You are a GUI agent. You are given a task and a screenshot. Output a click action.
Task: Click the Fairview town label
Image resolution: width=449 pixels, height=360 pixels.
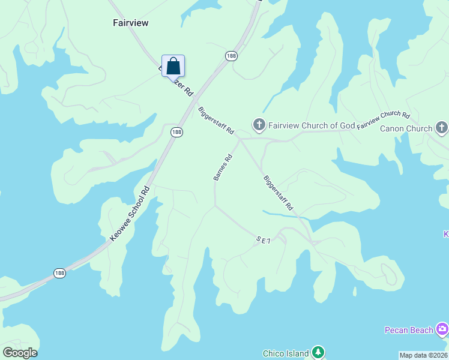(130, 23)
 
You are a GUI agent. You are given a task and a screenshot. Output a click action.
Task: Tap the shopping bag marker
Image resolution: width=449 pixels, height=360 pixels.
(173, 66)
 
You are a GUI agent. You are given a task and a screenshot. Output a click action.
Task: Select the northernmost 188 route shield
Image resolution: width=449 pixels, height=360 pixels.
(231, 56)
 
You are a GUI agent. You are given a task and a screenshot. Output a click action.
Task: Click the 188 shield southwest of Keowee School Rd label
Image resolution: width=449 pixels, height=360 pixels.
(59, 272)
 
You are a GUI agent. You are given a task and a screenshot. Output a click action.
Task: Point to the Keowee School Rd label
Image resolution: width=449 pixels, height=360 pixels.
(130, 214)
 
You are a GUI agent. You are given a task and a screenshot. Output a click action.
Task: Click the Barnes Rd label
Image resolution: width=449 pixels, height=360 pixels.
(222, 167)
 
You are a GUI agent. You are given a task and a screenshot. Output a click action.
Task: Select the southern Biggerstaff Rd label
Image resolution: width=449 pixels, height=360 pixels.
(278, 192)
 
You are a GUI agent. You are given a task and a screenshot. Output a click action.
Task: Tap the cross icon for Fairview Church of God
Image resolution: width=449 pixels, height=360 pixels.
(259, 125)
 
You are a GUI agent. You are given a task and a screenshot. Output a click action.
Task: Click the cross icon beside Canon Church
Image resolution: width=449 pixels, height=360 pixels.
(442, 127)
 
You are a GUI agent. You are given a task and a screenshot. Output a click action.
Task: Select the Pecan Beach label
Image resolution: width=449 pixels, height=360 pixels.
(409, 330)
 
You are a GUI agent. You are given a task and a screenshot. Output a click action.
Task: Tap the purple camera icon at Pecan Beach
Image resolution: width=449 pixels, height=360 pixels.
(442, 329)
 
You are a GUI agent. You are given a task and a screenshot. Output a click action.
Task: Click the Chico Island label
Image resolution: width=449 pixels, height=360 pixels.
(286, 353)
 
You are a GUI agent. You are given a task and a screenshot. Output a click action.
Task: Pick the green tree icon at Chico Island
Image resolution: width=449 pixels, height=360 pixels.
(318, 353)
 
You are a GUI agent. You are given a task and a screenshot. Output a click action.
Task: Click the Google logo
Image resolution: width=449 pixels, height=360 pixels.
(20, 353)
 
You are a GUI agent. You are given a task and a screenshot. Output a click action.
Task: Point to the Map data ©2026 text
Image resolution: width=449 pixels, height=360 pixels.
(423, 355)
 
